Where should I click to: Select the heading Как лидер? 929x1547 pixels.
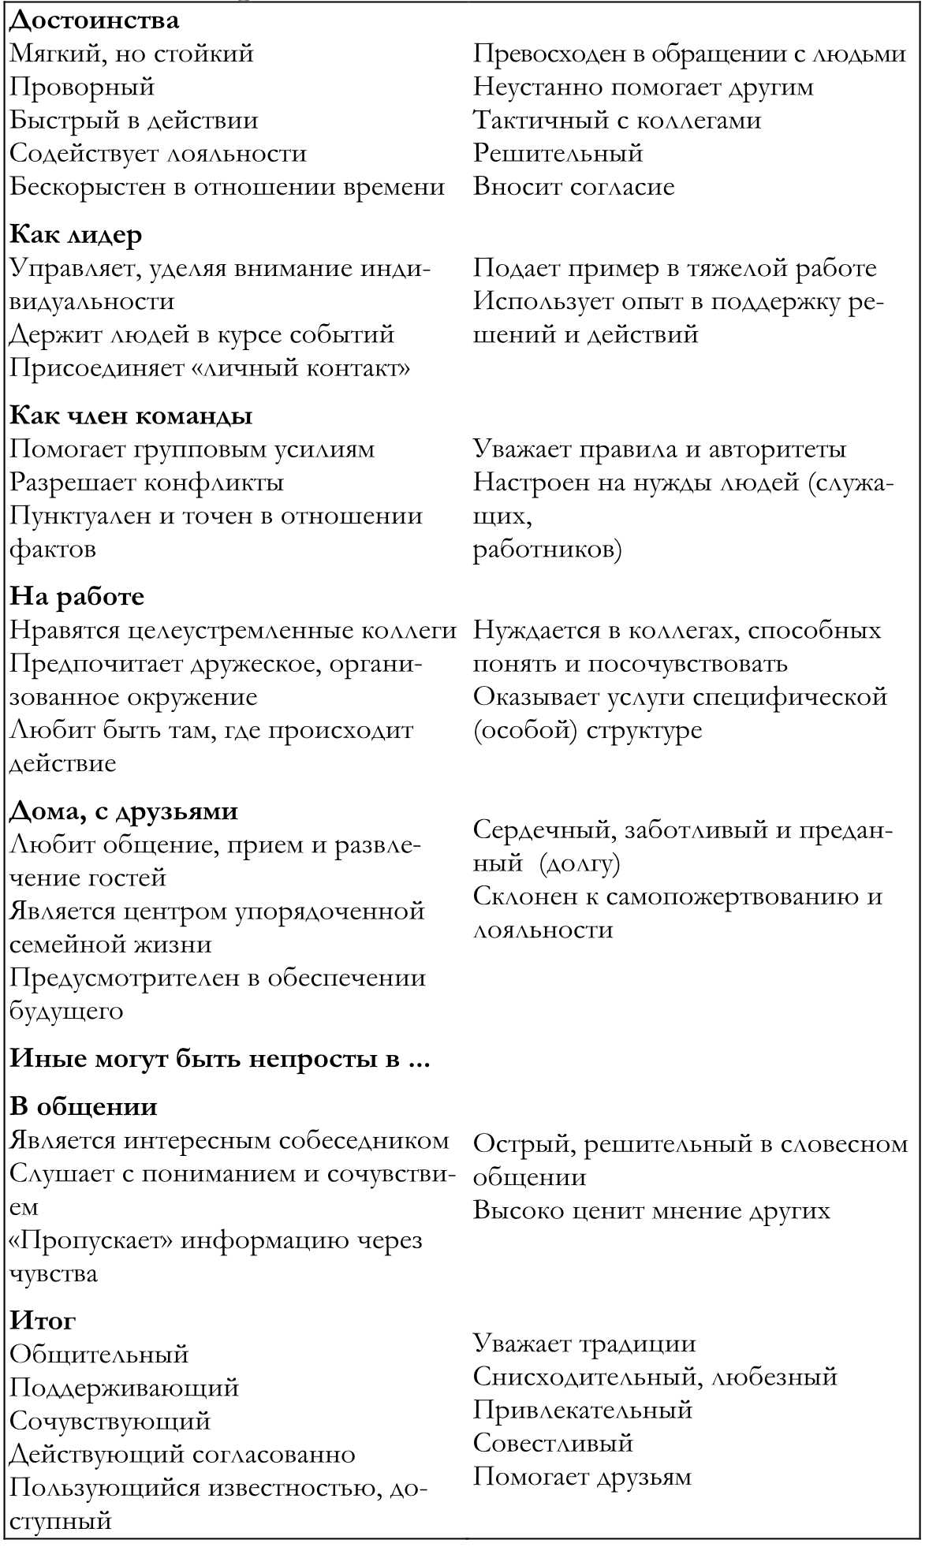pos(76,235)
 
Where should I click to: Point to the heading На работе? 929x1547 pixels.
pos(76,596)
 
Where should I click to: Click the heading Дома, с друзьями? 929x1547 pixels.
pos(124,811)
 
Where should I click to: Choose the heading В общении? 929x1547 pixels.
pos(83,1106)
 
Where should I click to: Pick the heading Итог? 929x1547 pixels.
pos(43,1320)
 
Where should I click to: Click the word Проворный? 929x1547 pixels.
pos(82,87)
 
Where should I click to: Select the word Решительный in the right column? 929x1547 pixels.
pos(558,153)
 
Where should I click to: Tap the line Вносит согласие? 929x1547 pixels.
pos(573,187)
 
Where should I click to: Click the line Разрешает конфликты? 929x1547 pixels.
pos(147,482)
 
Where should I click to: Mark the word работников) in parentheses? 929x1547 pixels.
pos(547,550)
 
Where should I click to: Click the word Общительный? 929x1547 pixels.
pos(99,1354)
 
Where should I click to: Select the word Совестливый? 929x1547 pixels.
pos(554,1443)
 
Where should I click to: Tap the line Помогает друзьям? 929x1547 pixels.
pos(582,1476)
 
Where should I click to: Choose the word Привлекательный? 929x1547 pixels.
pos(583,1409)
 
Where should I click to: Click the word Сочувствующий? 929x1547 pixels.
pos(110,1420)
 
